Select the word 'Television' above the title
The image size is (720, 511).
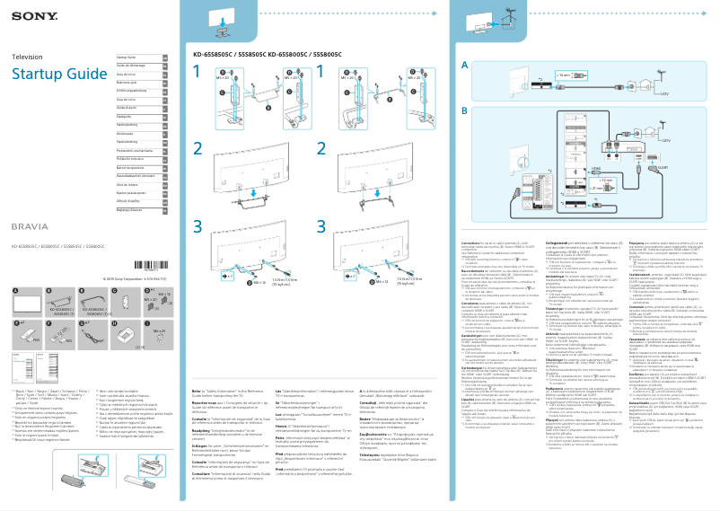(x=26, y=57)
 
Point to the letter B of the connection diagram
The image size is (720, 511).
(x=464, y=110)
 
